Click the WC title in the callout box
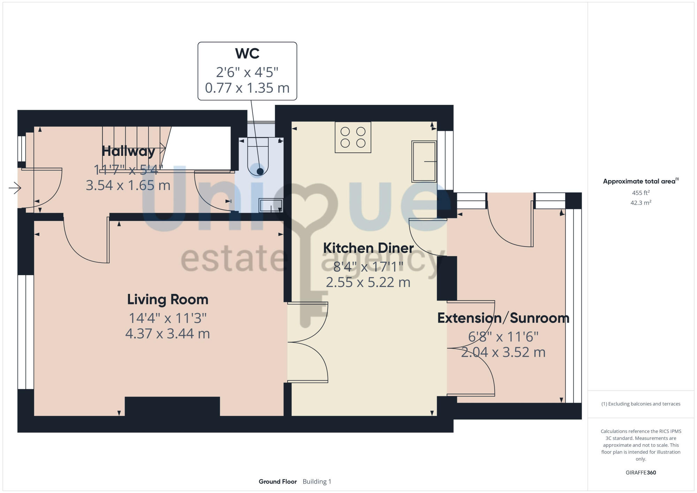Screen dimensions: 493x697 [x=247, y=54]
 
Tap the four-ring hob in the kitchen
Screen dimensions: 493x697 [x=353, y=137]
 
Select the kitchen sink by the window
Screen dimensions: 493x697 [x=424, y=161]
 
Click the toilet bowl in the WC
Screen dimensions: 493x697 [x=258, y=164]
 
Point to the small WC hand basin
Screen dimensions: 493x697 [x=271, y=205]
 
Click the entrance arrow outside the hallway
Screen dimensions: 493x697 [x=15, y=188]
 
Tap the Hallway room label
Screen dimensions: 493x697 [x=128, y=151]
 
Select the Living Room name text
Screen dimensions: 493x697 [x=168, y=299]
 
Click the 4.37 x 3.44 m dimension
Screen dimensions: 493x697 [x=168, y=334]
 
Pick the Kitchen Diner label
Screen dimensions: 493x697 [x=368, y=248]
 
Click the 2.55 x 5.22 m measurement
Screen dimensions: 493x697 [x=368, y=282]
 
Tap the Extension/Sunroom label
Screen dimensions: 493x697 [x=503, y=318]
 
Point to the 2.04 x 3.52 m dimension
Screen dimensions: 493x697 [x=503, y=352]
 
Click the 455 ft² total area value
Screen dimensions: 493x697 [x=641, y=193]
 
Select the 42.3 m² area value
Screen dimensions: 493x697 [x=641, y=203]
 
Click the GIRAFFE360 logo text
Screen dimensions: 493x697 [x=641, y=473]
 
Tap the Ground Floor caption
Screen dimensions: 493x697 [x=277, y=481]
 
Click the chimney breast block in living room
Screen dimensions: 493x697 [x=172, y=406]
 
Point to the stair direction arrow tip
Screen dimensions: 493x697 [x=164, y=148]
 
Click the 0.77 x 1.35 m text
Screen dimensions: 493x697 [x=247, y=88]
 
